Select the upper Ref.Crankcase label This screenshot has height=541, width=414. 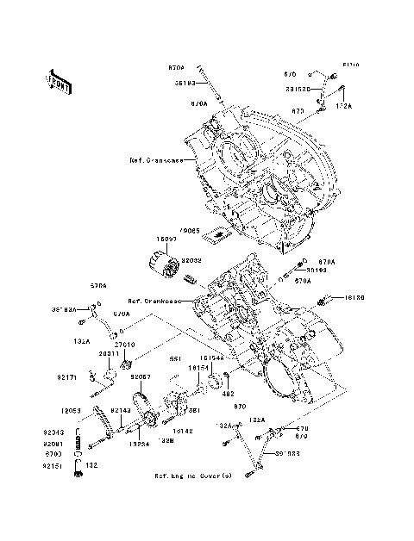click(x=153, y=160)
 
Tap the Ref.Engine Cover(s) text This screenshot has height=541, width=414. click(x=193, y=476)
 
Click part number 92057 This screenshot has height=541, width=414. click(x=141, y=376)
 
